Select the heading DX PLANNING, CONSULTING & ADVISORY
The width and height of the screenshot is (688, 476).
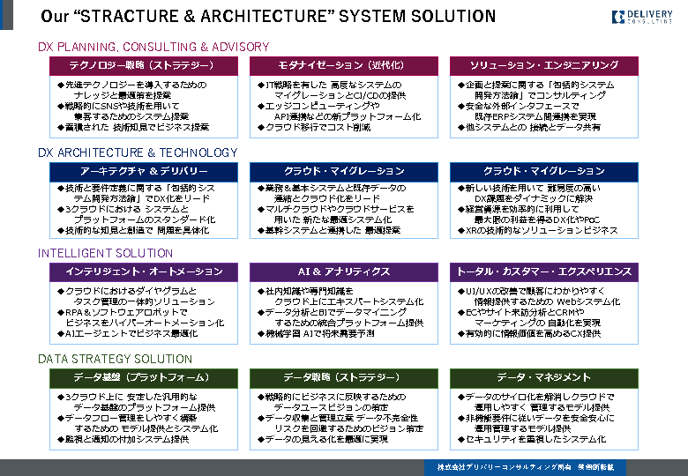click(x=153, y=47)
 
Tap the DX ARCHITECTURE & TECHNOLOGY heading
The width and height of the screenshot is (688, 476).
click(x=138, y=152)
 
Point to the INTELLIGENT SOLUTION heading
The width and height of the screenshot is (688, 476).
click(x=106, y=253)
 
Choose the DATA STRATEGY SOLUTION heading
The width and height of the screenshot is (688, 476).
click(x=115, y=359)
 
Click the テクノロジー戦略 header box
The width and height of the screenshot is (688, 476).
click(x=141, y=65)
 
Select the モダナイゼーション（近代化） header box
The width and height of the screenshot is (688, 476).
click(x=342, y=65)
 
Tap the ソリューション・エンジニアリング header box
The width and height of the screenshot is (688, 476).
click(x=543, y=65)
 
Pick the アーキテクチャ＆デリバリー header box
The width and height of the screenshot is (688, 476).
click(x=141, y=171)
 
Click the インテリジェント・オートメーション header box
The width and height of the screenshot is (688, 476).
click(x=141, y=271)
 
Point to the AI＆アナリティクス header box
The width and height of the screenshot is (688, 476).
click(x=342, y=271)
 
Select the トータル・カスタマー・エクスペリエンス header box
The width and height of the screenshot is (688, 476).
click(x=543, y=271)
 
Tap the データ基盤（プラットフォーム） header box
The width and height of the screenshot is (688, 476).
click(x=141, y=377)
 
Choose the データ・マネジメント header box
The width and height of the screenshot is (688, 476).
click(x=543, y=377)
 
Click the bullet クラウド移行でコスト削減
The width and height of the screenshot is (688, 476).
click(x=318, y=127)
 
